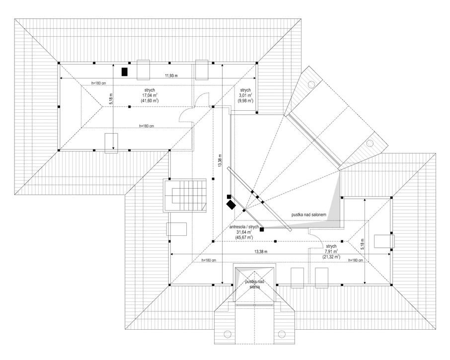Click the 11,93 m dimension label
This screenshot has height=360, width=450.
point(172,75)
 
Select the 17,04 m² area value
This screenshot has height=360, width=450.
point(150,95)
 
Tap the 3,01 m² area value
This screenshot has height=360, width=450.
point(245,95)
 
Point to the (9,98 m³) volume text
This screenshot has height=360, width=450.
point(245,100)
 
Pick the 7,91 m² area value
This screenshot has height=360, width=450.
point(331,251)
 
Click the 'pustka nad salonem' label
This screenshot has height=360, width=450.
point(309,215)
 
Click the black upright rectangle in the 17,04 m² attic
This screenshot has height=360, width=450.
point(124,72)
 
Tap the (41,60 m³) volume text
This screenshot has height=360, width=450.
point(150,100)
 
